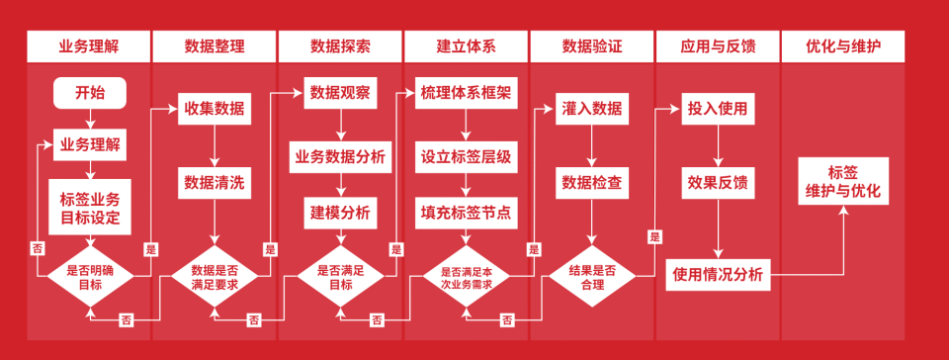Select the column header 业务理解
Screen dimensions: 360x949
click(x=89, y=46)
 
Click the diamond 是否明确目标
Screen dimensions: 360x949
click(x=90, y=276)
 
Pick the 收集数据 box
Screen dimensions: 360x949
click(x=215, y=109)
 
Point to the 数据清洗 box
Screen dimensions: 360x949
click(x=215, y=182)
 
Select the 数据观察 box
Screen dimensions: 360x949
click(x=340, y=93)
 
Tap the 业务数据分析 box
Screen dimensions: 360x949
click(x=340, y=156)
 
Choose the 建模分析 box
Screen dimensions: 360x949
click(x=340, y=211)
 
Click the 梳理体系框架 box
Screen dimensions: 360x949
click(x=466, y=93)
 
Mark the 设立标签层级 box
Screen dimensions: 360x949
click(x=466, y=156)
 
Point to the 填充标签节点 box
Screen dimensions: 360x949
click(x=466, y=211)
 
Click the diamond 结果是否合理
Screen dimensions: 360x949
click(x=592, y=276)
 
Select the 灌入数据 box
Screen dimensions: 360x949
click(x=592, y=109)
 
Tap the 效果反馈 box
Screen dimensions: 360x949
click(x=718, y=182)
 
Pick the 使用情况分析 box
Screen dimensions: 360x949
click(x=718, y=275)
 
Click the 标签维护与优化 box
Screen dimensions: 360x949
click(x=843, y=181)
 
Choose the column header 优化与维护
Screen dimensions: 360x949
click(x=843, y=46)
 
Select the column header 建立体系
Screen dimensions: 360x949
click(x=466, y=46)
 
